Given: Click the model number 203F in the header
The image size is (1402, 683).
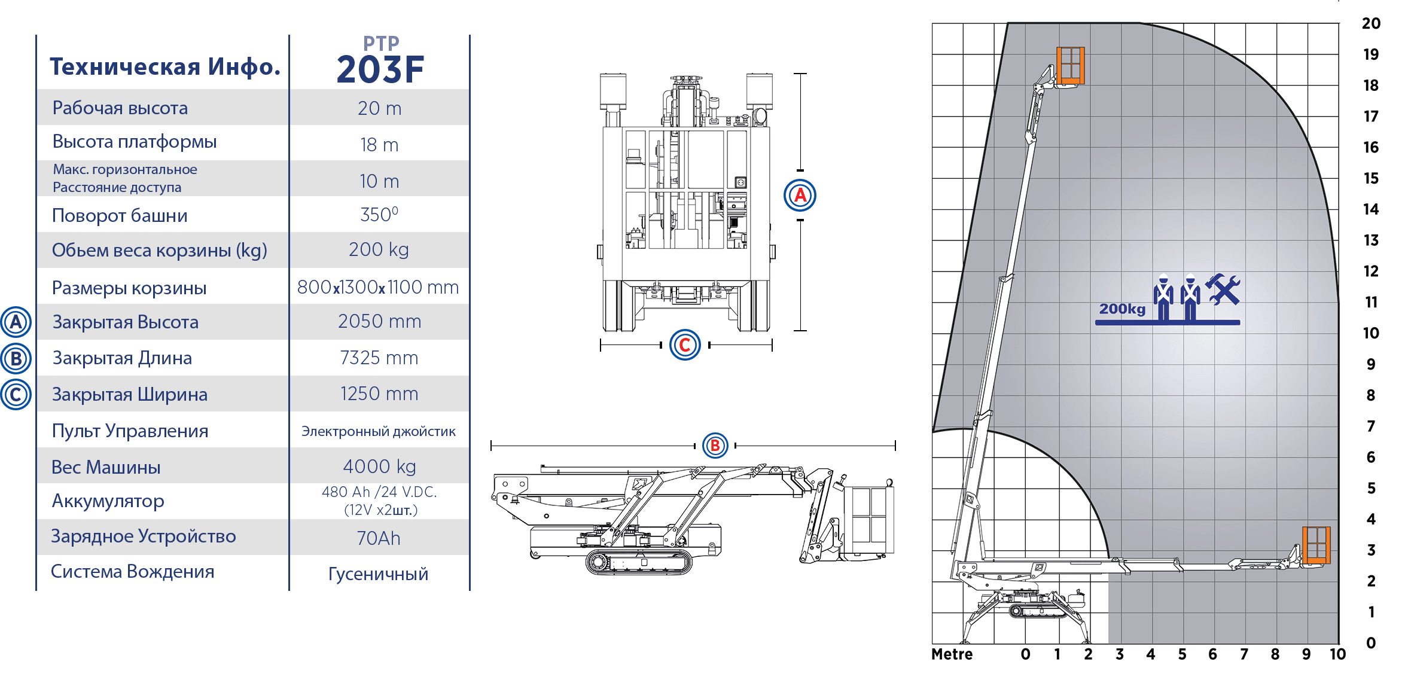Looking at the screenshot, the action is [380, 69].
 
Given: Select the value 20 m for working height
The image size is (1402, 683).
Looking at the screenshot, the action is [379, 108].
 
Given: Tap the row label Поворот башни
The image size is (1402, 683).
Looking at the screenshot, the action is [120, 215].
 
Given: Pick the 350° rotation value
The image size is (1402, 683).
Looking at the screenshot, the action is [379, 214].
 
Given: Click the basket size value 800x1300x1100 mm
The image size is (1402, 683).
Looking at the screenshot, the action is [378, 287].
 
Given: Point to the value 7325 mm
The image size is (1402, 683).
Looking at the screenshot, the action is [379, 358].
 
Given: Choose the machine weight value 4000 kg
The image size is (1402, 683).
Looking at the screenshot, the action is [379, 466].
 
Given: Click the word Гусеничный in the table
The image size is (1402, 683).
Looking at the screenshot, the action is [378, 574].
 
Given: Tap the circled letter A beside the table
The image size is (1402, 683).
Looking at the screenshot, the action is [16, 322].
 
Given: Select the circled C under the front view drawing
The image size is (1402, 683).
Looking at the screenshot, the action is [685, 344].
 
